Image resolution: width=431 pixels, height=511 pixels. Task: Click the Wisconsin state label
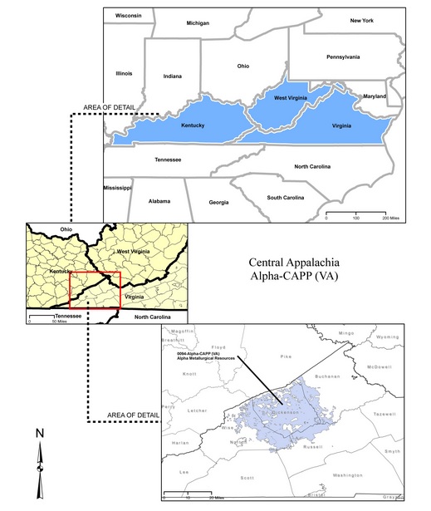pyautogui.click(x=129, y=16)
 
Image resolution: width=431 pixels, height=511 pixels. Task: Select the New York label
pyautogui.click(x=362, y=20)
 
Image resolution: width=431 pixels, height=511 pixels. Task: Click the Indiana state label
pyautogui.click(x=173, y=76)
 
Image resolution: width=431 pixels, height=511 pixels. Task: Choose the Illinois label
pyautogui.click(x=124, y=74)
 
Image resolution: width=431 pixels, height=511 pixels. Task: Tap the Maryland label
pyautogui.click(x=375, y=96)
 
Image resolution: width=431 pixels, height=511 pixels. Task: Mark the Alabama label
pyautogui.click(x=159, y=201)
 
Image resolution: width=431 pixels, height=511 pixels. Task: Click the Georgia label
pyautogui.click(x=218, y=203)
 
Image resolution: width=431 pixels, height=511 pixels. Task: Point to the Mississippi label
pyautogui.click(x=117, y=188)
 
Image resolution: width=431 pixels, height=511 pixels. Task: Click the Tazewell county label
pyautogui.click(x=384, y=413)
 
